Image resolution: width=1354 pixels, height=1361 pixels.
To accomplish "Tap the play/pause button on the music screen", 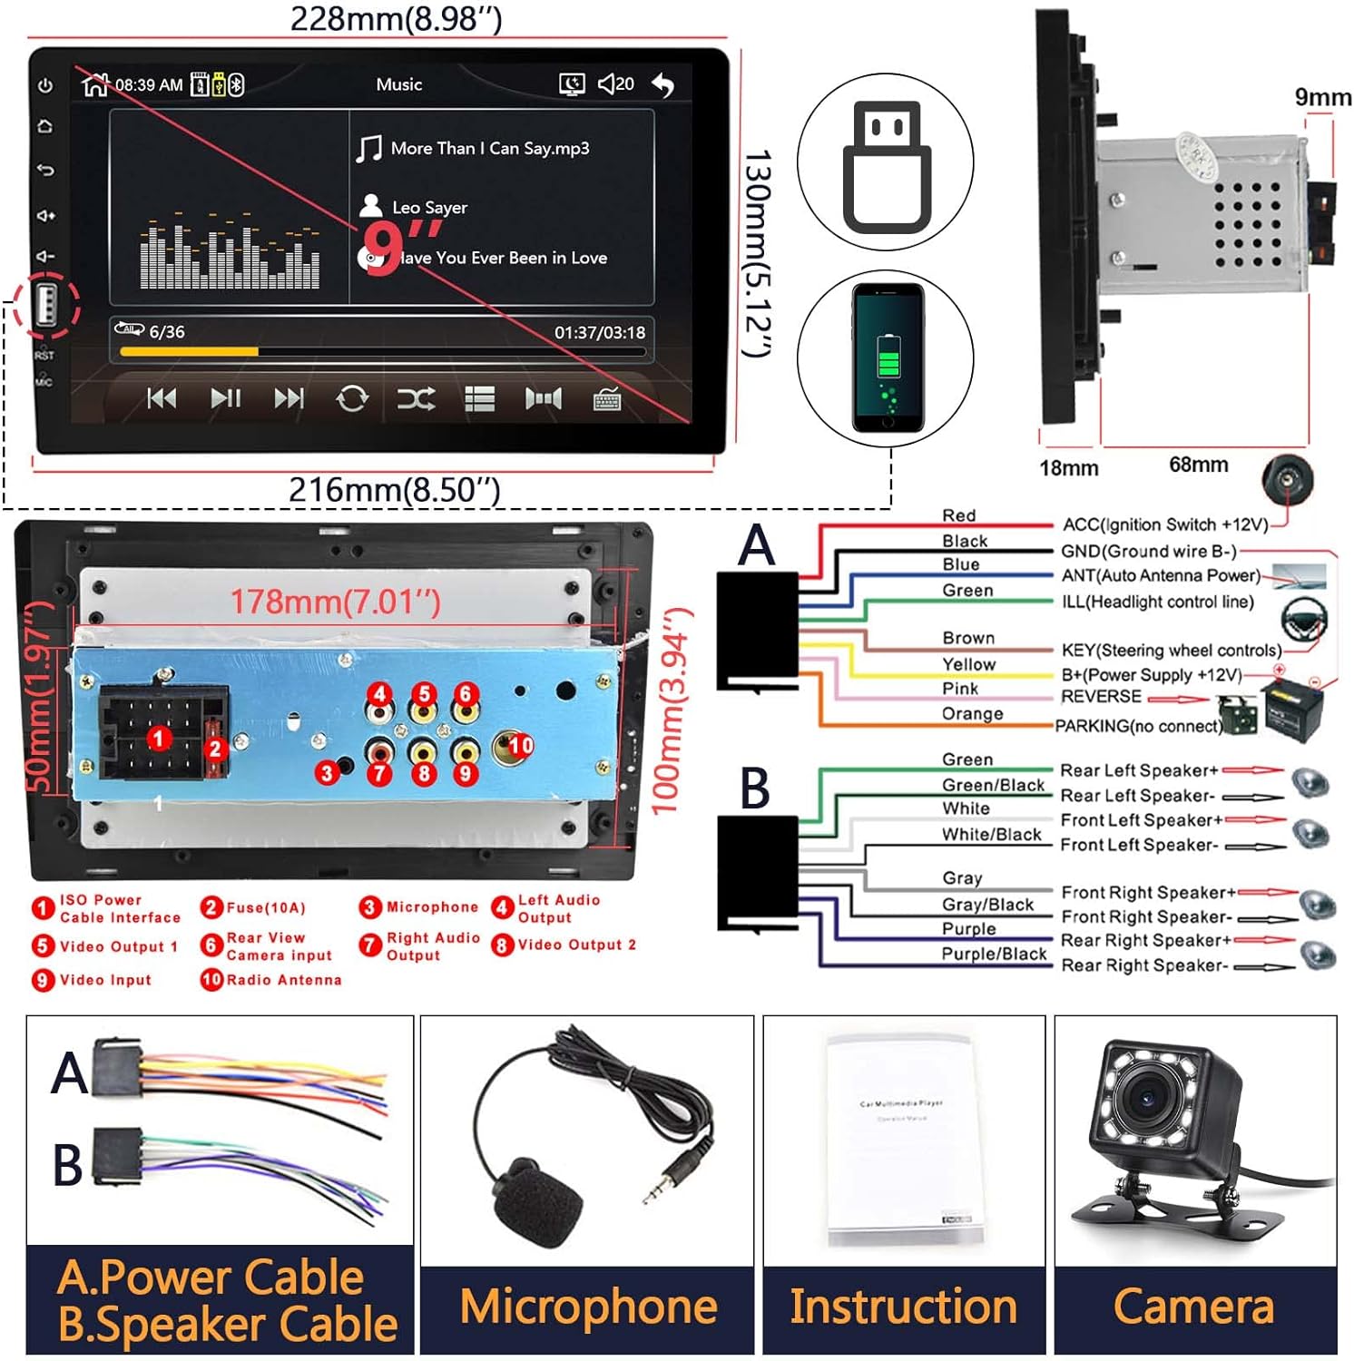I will (225, 398).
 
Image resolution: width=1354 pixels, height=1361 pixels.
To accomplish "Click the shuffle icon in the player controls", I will (416, 398).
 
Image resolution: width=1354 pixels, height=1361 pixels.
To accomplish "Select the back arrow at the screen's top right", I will (663, 85).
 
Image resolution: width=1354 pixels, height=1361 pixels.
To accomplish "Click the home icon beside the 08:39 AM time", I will (94, 84).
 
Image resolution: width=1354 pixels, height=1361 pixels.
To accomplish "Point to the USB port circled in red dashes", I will (46, 305).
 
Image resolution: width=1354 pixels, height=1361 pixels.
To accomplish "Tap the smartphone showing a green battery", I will (887, 357).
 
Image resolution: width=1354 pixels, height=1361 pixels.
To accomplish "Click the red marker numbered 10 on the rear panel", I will (520, 745).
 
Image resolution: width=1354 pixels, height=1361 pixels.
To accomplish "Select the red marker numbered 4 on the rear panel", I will (380, 694).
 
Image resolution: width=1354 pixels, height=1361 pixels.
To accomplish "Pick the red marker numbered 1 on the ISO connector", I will (159, 738).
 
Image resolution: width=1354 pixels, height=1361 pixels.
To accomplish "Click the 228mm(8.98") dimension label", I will (396, 18).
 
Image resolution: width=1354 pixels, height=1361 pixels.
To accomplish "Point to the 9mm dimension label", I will (1322, 97).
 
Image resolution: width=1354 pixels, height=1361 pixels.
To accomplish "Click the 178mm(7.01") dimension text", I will (335, 602).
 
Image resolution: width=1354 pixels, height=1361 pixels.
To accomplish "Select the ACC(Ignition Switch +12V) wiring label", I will (1165, 524).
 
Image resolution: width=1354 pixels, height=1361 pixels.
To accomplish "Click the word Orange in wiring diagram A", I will (972, 713).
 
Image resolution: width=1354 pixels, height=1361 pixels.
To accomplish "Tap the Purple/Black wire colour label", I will (994, 954).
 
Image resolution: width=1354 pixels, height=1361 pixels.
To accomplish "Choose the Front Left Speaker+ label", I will (1141, 820).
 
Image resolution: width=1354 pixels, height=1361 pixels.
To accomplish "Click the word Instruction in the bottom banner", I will (903, 1307).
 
